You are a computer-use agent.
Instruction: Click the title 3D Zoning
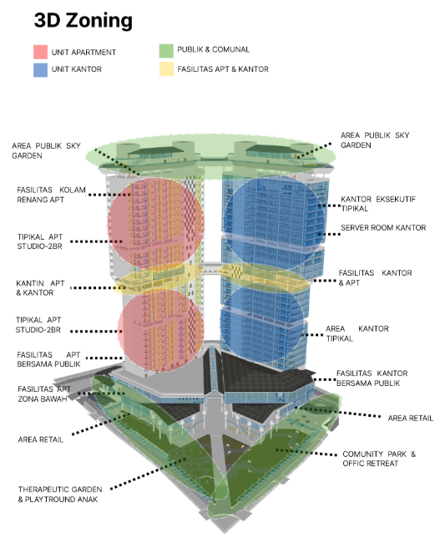(x=83, y=20)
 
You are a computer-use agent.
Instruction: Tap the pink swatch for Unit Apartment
(x=40, y=52)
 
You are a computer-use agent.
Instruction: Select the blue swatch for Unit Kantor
(x=40, y=69)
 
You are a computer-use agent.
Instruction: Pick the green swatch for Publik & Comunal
(x=166, y=51)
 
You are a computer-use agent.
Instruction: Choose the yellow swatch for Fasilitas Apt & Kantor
(x=166, y=69)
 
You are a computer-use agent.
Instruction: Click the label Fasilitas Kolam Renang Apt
(x=51, y=195)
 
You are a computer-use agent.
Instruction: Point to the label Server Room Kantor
(x=383, y=227)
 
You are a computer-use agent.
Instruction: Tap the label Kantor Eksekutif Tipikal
(x=378, y=204)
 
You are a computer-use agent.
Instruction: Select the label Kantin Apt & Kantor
(x=40, y=288)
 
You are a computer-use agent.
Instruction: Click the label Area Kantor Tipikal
(x=357, y=333)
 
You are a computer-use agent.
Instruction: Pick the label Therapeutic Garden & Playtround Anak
(x=60, y=494)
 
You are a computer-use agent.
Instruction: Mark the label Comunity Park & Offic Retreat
(x=379, y=459)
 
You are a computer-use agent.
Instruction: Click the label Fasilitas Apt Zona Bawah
(x=44, y=393)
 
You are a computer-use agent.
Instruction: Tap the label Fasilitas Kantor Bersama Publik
(x=372, y=378)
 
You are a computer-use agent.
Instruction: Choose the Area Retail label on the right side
(x=411, y=418)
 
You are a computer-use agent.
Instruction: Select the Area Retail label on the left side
(x=41, y=439)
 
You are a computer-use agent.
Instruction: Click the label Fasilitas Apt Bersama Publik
(x=48, y=359)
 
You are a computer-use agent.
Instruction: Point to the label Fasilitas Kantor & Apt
(x=375, y=277)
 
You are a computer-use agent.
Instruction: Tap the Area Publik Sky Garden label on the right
(x=375, y=140)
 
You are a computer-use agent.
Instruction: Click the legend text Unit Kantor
(x=77, y=69)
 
